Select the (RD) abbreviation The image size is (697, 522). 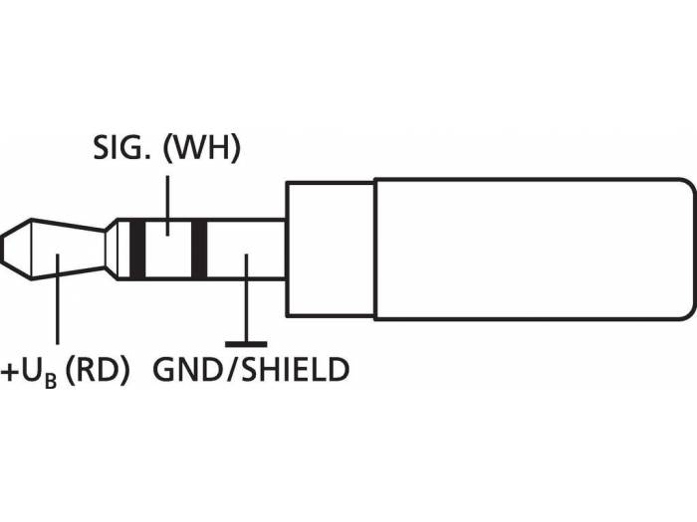pos(98,371)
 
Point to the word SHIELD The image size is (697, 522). pos(294,371)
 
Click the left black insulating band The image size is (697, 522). pos(137,249)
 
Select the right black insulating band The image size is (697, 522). pos(198,249)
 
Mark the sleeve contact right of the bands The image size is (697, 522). pos(244,249)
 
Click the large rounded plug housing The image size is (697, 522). pos(533,249)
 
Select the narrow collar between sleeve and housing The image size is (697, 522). pos(330,249)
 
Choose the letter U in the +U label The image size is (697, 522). pos(33,371)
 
